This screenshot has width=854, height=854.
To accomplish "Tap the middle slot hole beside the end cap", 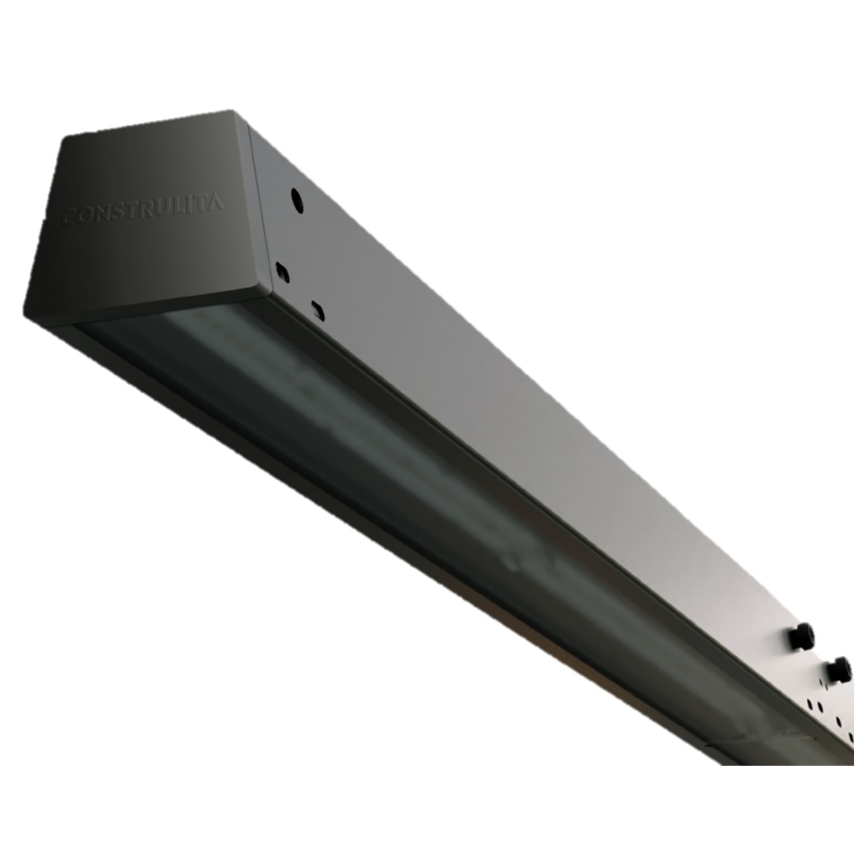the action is [x=282, y=272].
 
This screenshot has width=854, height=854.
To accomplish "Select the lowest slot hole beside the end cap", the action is [x=318, y=310].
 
